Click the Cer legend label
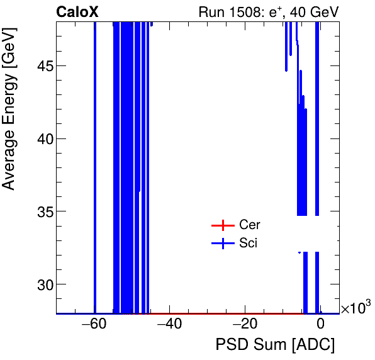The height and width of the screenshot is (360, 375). (x=249, y=225)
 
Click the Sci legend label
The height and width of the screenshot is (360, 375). (x=248, y=244)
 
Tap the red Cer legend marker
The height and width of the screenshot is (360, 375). (x=221, y=225)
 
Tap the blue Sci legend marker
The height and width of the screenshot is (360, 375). (x=221, y=244)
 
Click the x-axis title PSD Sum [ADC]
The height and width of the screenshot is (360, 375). (x=275, y=346)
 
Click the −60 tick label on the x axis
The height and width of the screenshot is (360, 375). (x=94, y=325)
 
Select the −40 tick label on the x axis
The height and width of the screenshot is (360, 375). (x=169, y=325)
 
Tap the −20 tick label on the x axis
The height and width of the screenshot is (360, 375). (x=245, y=325)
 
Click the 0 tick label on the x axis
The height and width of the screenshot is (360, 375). (x=320, y=325)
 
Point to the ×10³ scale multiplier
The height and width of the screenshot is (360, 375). (x=355, y=308)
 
